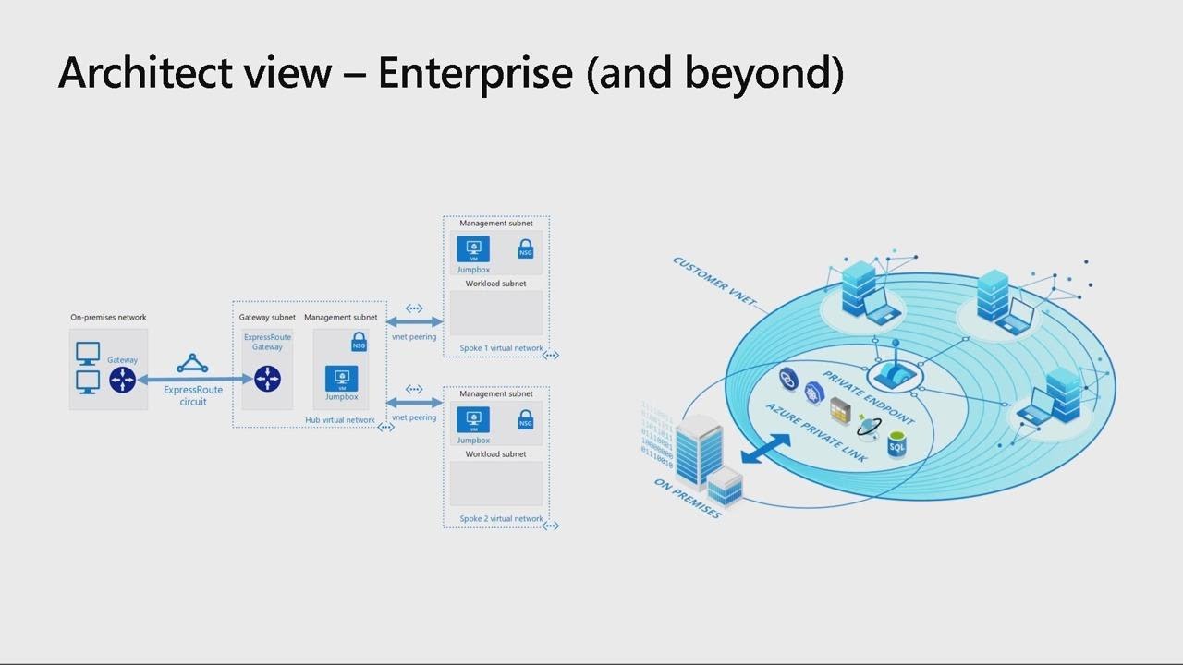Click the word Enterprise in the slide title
475,72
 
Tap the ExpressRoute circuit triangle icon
192,364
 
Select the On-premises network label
108,318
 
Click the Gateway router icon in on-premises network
122,379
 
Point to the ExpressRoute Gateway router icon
267,379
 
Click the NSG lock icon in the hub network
359,343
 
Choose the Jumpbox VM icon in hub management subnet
341,379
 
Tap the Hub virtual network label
340,420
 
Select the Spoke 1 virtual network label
501,348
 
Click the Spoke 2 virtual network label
501,519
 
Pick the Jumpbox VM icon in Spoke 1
473,248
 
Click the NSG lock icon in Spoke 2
525,420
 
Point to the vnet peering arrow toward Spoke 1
414,321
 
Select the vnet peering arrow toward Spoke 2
414,403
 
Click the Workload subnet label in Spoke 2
495,454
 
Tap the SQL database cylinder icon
896,445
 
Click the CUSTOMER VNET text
714,282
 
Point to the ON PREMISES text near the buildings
687,499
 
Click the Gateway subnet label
267,318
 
